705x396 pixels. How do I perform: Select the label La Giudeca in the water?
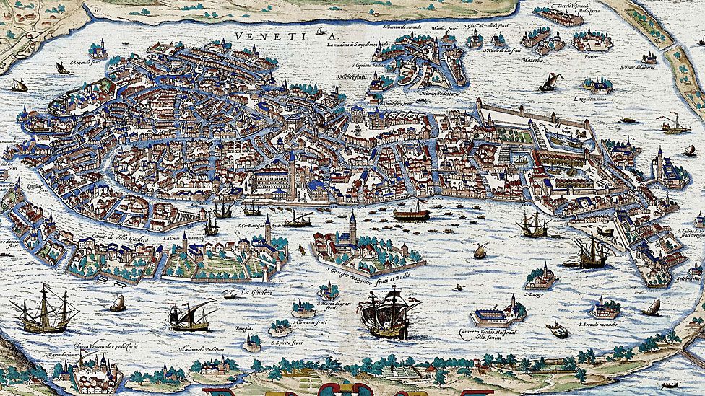click(255, 293)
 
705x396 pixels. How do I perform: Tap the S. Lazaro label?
click(535, 294)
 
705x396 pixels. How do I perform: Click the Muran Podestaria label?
click(439, 94)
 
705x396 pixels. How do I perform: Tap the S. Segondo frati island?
click(98, 50)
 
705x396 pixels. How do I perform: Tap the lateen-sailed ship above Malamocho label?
click(189, 315)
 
